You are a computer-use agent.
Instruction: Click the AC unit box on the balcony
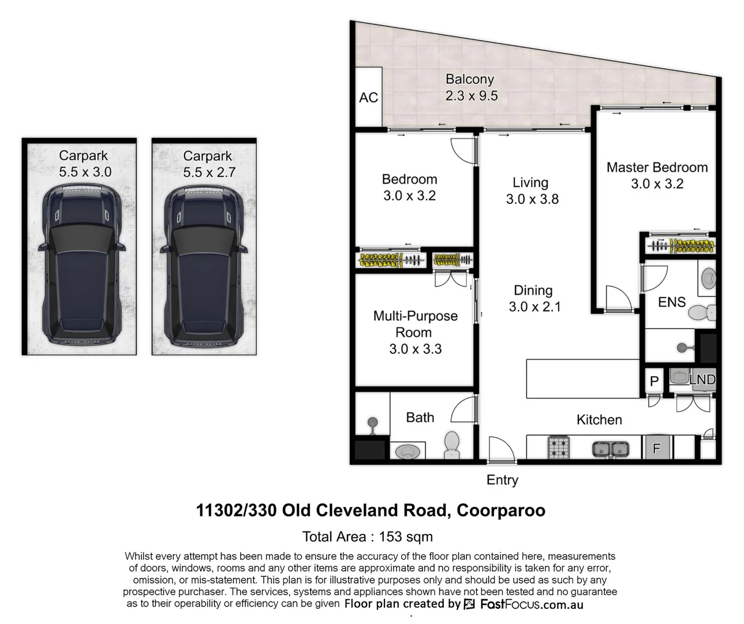click(x=368, y=96)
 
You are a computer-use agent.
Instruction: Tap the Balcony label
click(x=469, y=79)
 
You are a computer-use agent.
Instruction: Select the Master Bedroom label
click(x=657, y=168)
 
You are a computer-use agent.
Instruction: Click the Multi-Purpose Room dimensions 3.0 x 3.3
click(x=415, y=349)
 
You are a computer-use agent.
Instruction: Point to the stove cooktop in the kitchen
click(x=558, y=447)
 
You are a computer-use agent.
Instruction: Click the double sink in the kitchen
click(x=610, y=448)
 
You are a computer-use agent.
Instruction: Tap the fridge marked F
click(x=656, y=448)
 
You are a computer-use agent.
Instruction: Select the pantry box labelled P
click(x=654, y=381)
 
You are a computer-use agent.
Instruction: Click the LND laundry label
click(x=702, y=380)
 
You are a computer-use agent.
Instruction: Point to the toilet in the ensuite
click(x=703, y=313)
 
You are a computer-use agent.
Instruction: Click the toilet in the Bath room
click(x=451, y=444)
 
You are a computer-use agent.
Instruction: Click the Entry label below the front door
click(x=502, y=480)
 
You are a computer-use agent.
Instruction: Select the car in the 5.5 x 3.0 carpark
click(x=81, y=266)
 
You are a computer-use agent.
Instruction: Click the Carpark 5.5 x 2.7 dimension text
click(x=209, y=172)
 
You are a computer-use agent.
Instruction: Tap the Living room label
click(x=530, y=183)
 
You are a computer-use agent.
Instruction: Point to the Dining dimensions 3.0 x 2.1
click(x=534, y=307)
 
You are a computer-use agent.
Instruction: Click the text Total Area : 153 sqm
click(x=367, y=537)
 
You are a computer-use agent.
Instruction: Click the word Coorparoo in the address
click(x=500, y=511)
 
